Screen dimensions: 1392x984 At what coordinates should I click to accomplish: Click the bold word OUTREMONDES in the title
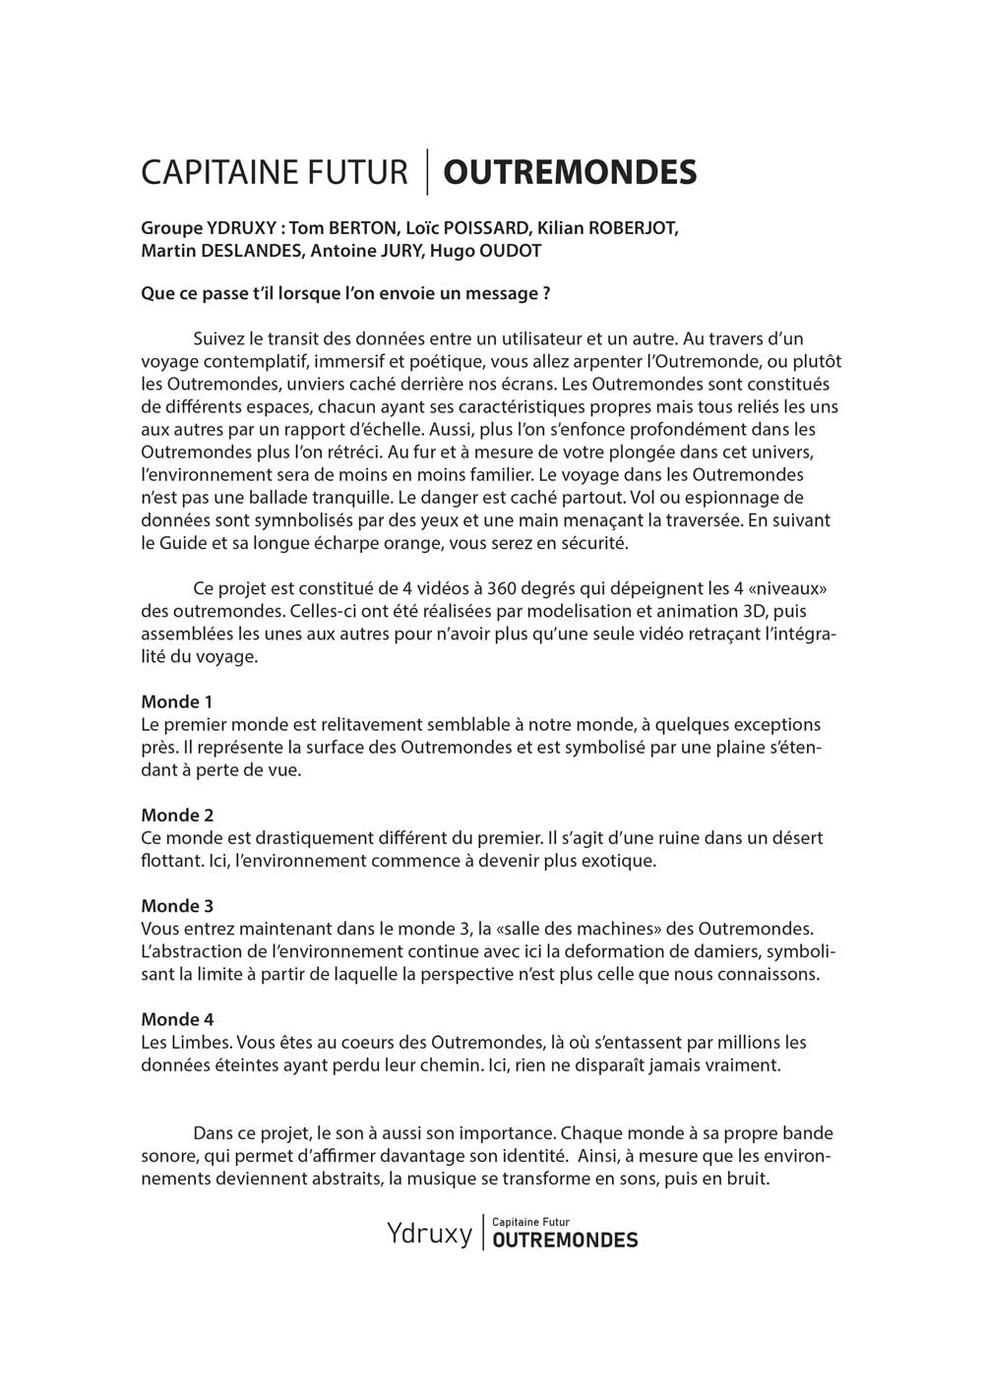tap(570, 172)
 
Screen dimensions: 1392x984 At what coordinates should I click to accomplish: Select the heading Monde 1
tap(177, 701)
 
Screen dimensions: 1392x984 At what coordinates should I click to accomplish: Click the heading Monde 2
tap(177, 815)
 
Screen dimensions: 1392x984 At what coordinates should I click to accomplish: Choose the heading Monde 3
tap(177, 906)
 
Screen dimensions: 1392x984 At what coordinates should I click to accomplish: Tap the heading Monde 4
tap(177, 1019)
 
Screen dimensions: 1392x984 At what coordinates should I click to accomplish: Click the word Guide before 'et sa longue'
tap(184, 542)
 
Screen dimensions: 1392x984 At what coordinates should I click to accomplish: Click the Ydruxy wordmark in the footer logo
tap(429, 1233)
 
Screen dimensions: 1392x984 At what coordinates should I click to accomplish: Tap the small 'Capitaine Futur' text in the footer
tap(530, 1222)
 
